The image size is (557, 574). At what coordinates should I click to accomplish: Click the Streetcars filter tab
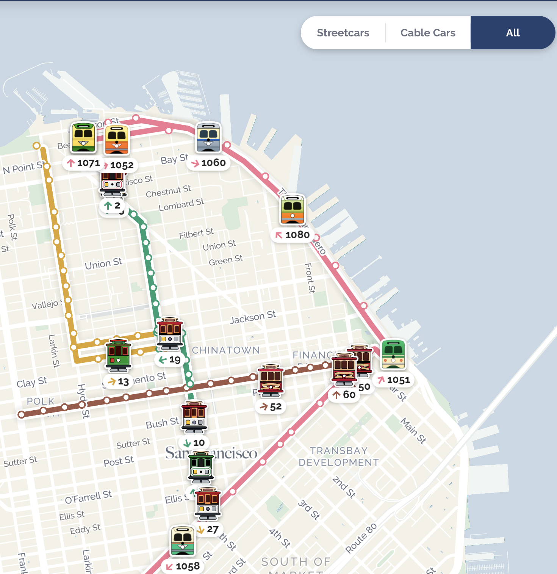point(343,33)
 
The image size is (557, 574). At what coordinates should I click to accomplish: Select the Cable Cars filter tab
point(428,33)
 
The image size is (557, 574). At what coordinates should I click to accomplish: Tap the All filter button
point(512,33)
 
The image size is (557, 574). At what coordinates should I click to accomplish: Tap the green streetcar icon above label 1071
point(84,137)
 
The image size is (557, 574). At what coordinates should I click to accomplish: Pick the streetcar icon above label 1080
point(292,209)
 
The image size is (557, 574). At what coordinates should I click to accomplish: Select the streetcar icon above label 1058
point(183,541)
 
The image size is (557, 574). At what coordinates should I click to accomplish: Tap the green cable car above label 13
point(119,356)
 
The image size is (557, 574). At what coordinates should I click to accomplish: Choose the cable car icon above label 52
point(271,380)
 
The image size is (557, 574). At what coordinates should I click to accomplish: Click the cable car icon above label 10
point(194,417)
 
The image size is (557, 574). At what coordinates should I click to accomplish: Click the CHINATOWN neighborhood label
point(226,350)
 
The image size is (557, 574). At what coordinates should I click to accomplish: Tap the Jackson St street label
point(253,317)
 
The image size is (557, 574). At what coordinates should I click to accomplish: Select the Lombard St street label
point(181,205)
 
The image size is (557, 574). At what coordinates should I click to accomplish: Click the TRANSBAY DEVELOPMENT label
point(339,456)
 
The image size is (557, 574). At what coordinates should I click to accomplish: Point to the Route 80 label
point(361,538)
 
